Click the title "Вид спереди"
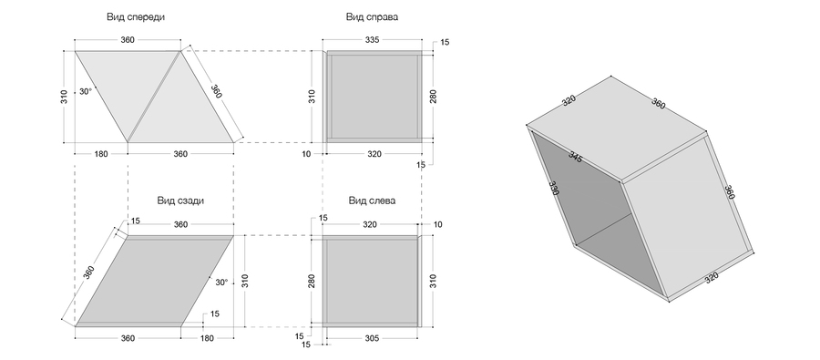[136, 16]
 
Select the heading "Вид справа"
[372, 16]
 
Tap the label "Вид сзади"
[180, 201]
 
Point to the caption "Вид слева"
[372, 201]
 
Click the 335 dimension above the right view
[372, 40]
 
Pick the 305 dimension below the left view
[371, 338]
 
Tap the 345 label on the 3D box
[575, 157]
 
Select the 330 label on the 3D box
[554, 189]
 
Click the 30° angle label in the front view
[86, 91]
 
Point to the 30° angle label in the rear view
[221, 282]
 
